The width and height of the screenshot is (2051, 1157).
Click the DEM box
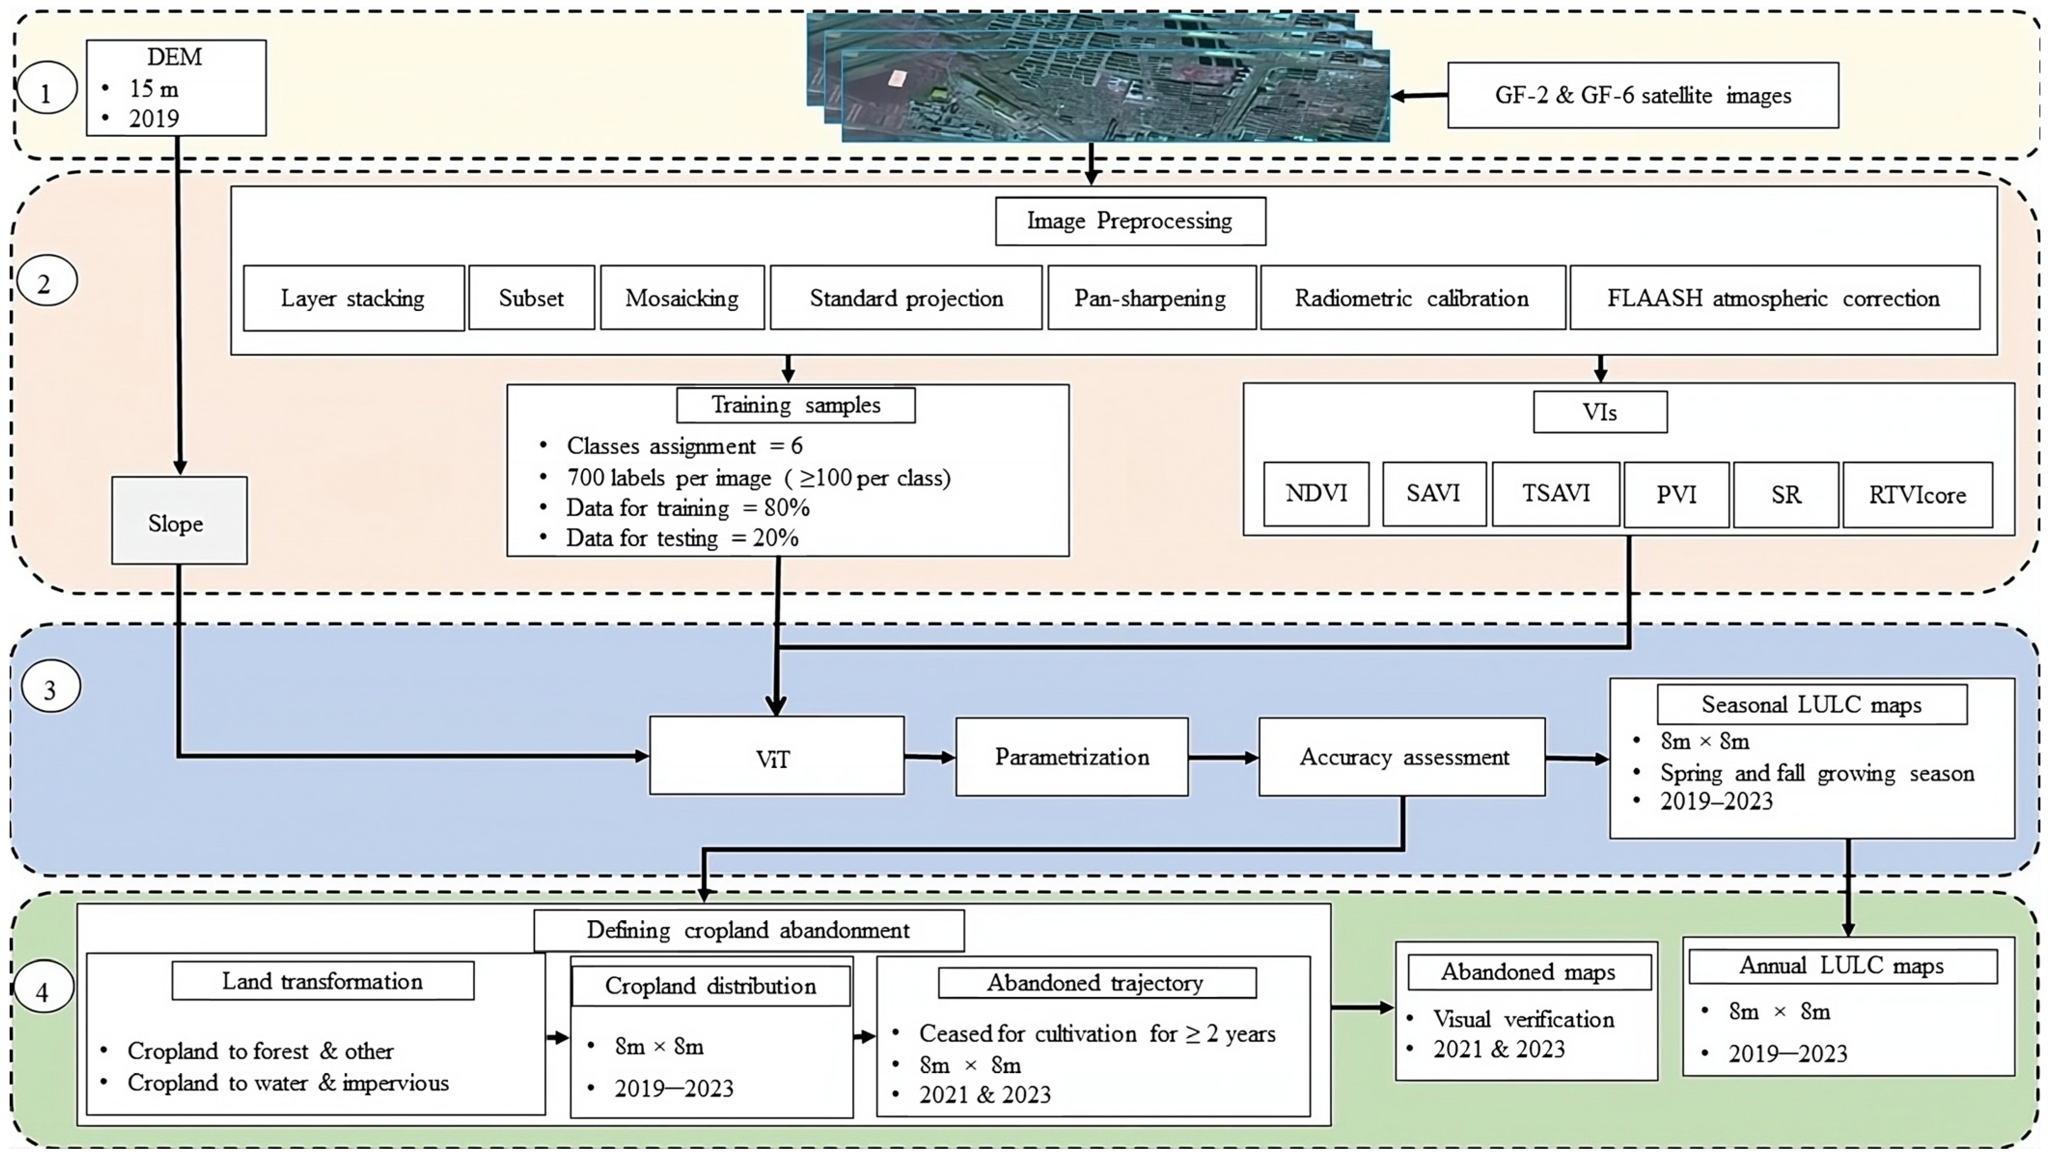[x=176, y=88]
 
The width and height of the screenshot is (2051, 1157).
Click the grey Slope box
[x=179, y=521]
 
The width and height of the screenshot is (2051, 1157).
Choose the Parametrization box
[x=1072, y=757]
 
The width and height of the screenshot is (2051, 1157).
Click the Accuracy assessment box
[x=1401, y=757]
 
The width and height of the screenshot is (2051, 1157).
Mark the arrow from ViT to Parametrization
[x=930, y=757]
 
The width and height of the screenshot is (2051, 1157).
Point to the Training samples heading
[x=795, y=405]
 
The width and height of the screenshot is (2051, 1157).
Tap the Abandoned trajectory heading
[x=1096, y=983]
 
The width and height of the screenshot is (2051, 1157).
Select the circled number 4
[x=43, y=992]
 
